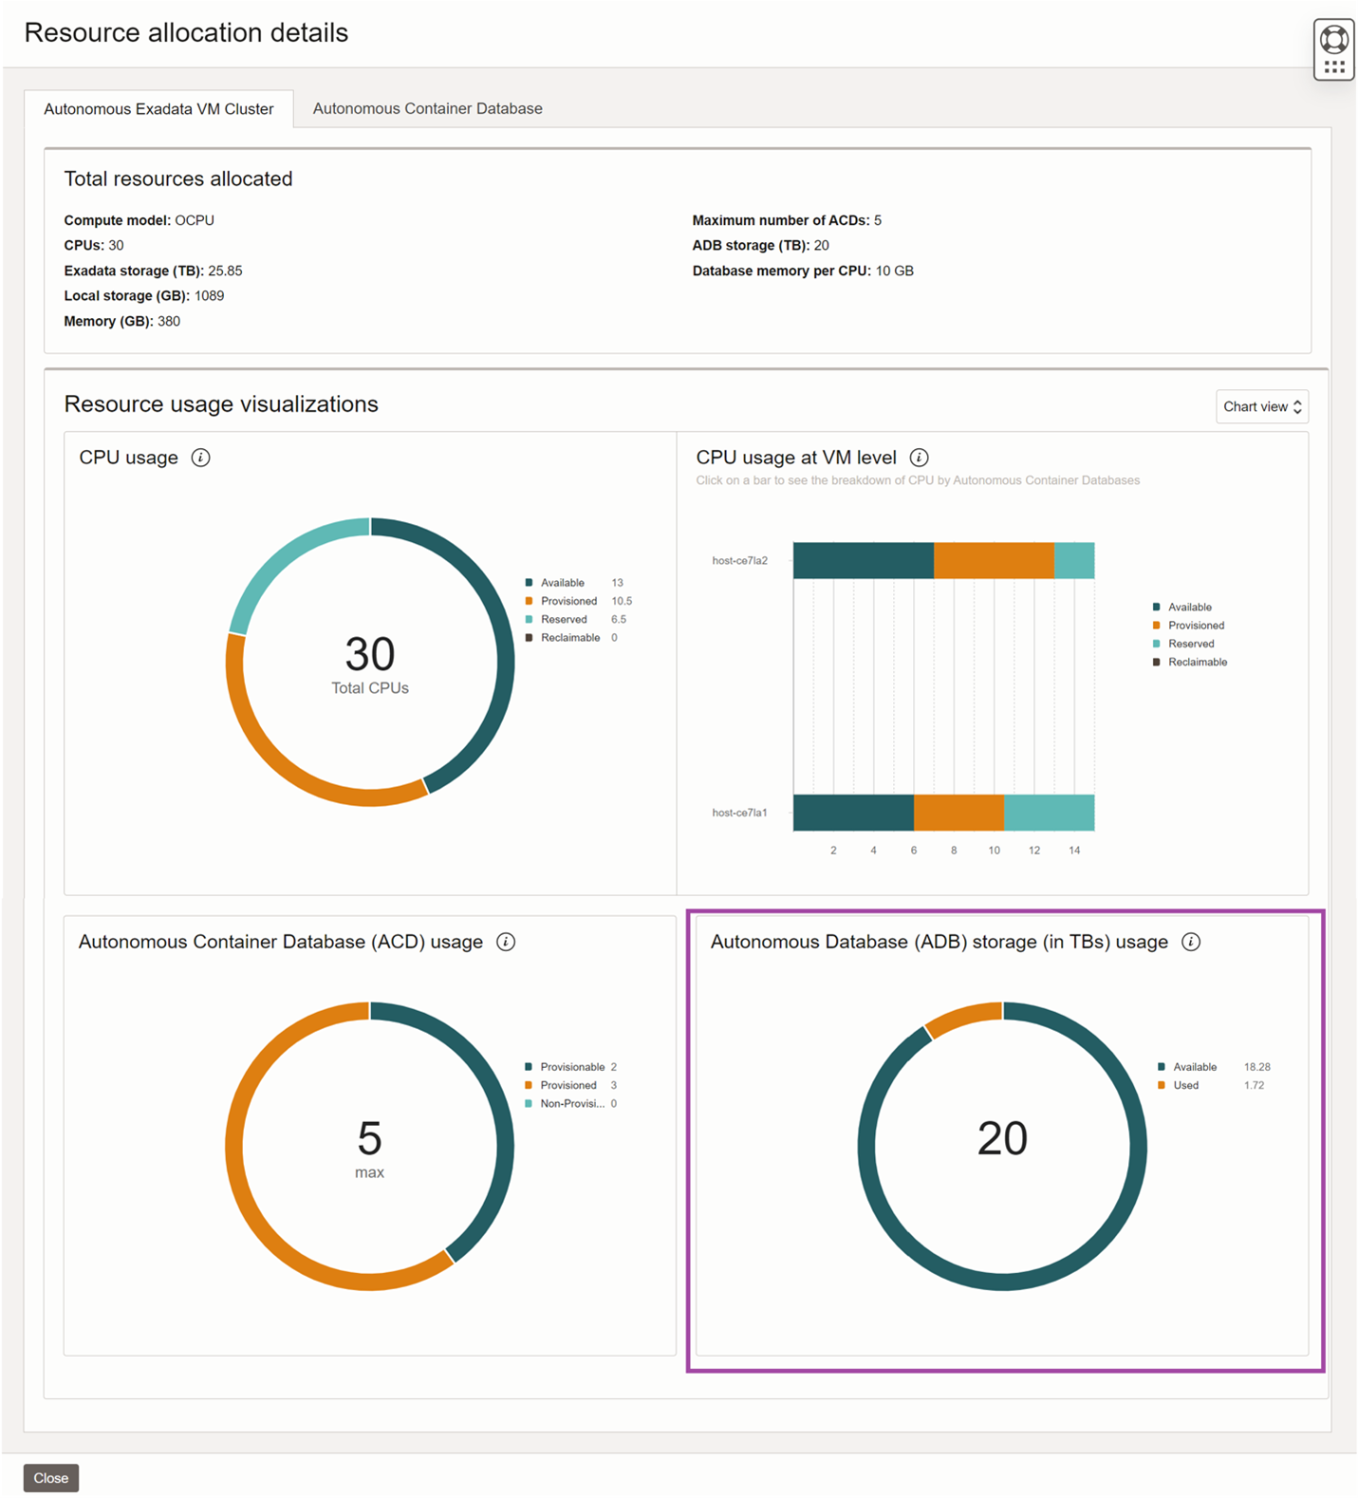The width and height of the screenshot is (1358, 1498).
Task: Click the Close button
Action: coord(50,1477)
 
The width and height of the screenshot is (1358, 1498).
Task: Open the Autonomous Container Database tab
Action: coord(427,108)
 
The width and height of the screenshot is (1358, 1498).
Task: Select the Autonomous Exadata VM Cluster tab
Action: coord(158,109)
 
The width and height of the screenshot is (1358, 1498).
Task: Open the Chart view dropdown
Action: coord(1261,406)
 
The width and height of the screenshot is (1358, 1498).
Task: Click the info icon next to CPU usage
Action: coord(200,458)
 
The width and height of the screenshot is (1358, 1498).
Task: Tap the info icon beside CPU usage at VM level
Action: coord(919,458)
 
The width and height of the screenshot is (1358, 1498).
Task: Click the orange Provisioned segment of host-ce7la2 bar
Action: coord(993,560)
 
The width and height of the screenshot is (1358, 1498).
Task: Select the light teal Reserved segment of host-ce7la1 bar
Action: coord(1049,813)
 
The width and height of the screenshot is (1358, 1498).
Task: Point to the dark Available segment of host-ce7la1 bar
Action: coord(852,813)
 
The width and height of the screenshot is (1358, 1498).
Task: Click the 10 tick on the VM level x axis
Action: coord(994,851)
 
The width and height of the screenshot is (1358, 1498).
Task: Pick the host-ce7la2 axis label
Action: coord(739,561)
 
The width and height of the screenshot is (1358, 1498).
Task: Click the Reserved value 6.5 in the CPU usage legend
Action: coord(618,619)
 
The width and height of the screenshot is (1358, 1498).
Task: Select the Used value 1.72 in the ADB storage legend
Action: coord(1254,1085)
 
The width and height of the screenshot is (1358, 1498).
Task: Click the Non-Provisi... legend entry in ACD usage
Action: coord(571,1103)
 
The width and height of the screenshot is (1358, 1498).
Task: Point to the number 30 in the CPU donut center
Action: coord(369,654)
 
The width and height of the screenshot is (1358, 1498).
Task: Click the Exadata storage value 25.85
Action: coord(225,271)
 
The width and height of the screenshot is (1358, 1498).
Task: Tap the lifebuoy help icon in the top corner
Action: coord(1333,39)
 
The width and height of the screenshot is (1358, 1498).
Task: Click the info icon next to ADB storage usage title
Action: coord(1190,942)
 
